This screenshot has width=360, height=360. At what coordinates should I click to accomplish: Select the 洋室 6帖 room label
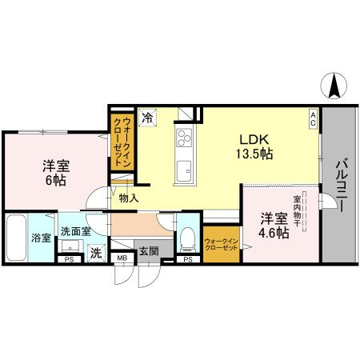55,174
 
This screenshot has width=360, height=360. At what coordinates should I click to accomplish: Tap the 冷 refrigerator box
148,118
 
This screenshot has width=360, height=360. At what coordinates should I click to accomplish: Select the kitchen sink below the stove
183,170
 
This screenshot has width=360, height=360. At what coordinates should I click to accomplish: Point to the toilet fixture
186,237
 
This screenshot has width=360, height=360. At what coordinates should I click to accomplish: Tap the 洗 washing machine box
95,254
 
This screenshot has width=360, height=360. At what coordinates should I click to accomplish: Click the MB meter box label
122,258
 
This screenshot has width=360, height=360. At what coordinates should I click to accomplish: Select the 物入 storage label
129,197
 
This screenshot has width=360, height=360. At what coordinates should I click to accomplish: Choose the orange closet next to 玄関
221,245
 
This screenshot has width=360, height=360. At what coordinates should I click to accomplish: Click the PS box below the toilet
187,259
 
